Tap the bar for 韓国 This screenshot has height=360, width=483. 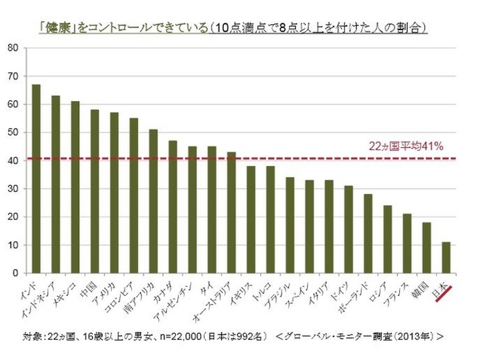[x=427, y=248]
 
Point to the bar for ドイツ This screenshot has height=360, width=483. [x=349, y=229]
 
